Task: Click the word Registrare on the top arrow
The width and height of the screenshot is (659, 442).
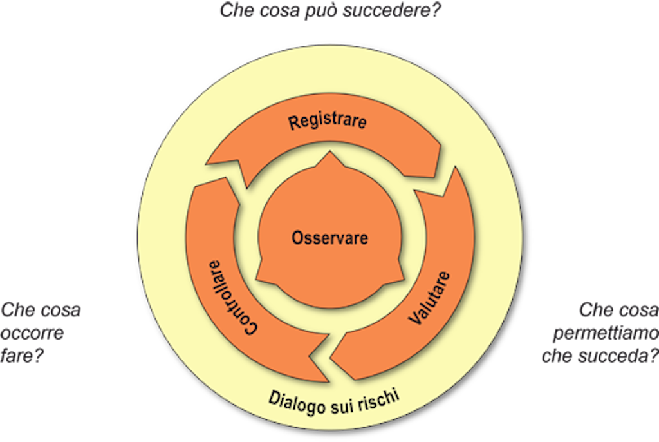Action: click(327, 121)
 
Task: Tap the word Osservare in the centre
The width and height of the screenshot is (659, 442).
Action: click(329, 238)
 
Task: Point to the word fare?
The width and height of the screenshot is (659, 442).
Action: click(22, 355)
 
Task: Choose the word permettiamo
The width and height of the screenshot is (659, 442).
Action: click(605, 333)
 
